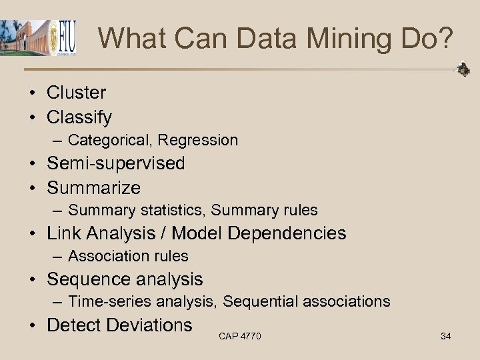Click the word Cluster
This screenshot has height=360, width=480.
coord(76,93)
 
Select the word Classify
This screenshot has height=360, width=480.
coord(79,117)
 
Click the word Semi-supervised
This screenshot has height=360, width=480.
coord(116,163)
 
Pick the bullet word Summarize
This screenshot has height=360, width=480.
coord(94,187)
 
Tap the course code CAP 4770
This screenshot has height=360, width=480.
coord(239,336)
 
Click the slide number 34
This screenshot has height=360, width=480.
coord(446,336)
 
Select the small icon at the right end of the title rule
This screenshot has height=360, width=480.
coord(461,69)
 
